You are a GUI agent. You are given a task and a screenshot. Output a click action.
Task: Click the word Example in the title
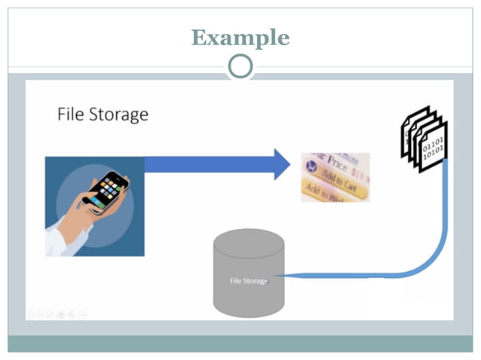pos(240,37)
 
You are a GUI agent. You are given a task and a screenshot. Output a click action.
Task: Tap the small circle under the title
pos(240,67)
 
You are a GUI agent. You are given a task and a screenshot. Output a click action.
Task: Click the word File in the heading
pos(72,114)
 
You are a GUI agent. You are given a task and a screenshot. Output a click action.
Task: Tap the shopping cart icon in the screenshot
pos(310,163)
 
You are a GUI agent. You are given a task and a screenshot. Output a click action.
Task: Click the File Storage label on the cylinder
pos(249,281)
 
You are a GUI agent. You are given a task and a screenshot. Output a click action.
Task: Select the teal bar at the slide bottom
pos(240,343)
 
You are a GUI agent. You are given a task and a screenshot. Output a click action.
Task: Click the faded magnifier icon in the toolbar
pos(72,313)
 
